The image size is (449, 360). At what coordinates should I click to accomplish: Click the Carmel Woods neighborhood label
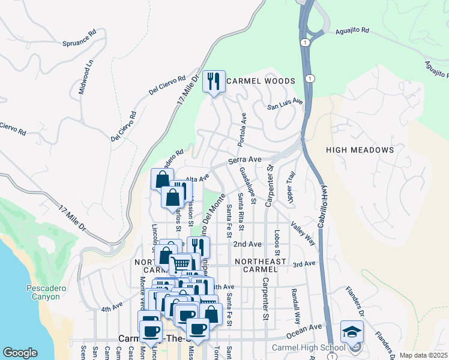click(x=261, y=81)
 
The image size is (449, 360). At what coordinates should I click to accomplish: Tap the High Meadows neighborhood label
click(x=360, y=149)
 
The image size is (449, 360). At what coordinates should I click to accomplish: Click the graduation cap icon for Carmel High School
click(x=352, y=332)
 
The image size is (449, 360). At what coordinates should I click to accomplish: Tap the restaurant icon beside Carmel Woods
click(x=214, y=81)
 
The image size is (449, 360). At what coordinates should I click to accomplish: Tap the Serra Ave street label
click(x=245, y=160)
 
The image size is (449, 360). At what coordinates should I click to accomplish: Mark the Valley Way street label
click(x=303, y=233)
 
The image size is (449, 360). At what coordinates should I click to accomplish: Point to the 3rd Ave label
click(x=304, y=264)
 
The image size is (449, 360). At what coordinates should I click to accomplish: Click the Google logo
click(x=20, y=353)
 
